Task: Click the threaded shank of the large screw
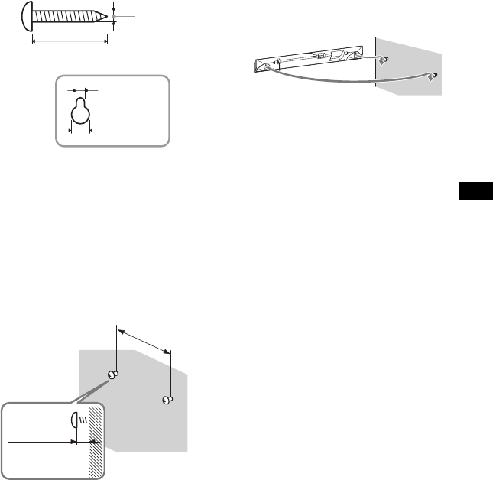65,16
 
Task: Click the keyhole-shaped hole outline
79,113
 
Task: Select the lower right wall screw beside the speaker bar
434,76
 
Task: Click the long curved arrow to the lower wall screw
344,79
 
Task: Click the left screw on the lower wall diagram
112,374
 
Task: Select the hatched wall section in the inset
96,443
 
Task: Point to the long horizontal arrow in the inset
42,441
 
